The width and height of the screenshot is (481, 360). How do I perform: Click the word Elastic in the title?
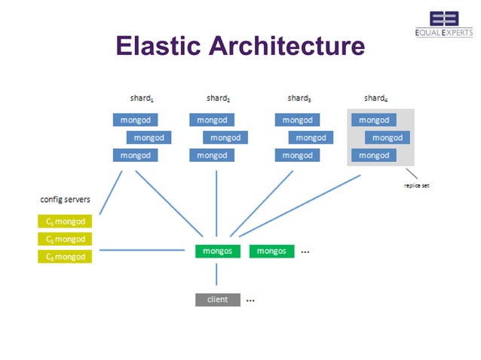click(x=158, y=47)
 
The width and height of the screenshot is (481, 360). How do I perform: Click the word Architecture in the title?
click(x=287, y=47)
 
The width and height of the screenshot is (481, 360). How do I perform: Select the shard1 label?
click(x=142, y=98)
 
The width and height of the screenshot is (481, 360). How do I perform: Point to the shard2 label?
click(x=218, y=98)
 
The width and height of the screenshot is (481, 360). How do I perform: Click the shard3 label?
click(x=299, y=98)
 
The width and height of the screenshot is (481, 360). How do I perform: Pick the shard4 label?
click(x=375, y=98)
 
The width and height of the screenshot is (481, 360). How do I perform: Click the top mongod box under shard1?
click(x=136, y=120)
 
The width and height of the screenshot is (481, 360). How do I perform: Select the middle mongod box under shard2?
click(x=225, y=138)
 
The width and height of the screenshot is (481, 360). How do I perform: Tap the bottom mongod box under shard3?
click(x=297, y=155)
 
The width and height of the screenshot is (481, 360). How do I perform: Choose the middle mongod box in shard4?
click(x=388, y=138)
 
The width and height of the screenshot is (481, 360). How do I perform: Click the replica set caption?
click(x=417, y=185)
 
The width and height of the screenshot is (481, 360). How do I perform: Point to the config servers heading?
click(x=65, y=200)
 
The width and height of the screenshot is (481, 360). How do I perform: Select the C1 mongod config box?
click(x=65, y=221)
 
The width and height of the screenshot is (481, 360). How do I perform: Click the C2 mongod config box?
click(x=65, y=239)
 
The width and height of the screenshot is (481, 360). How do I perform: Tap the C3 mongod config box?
click(x=65, y=257)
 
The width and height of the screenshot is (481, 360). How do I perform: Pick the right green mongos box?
click(x=271, y=251)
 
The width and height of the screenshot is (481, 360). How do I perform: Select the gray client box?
click(x=218, y=300)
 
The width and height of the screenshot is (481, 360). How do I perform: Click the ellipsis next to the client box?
click(x=250, y=301)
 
